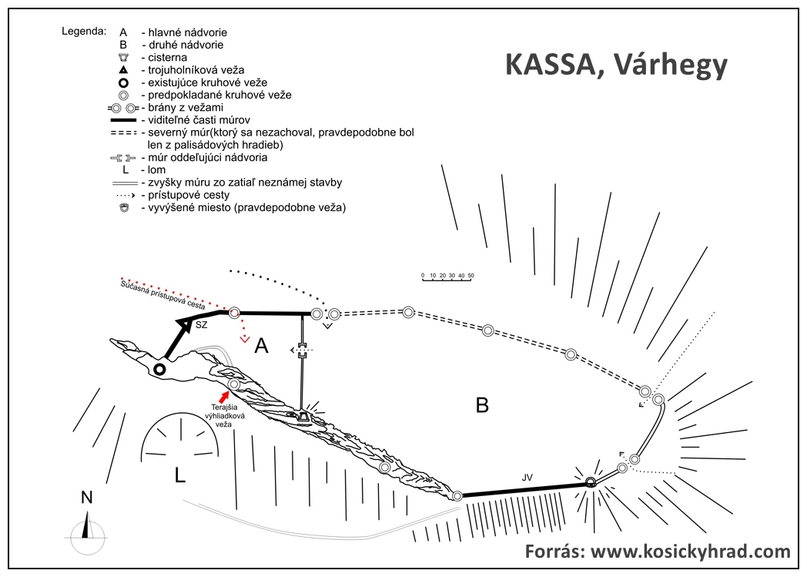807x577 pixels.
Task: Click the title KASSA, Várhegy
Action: click(616, 65)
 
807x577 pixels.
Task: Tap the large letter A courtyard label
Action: click(262, 346)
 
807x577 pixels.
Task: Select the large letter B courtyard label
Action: click(482, 405)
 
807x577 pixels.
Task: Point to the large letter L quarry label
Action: click(179, 475)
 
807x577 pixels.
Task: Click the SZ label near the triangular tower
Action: click(201, 325)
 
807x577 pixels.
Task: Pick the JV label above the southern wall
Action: click(527, 478)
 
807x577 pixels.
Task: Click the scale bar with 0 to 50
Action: click(447, 277)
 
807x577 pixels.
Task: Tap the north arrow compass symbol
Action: click(86, 532)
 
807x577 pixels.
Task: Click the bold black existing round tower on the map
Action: click(159, 369)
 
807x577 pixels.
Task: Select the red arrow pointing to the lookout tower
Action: click(224, 396)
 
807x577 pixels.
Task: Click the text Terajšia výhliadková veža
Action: click(226, 416)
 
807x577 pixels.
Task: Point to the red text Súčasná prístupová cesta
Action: click(162, 295)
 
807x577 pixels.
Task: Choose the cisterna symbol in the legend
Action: click(123, 58)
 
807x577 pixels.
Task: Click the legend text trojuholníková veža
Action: click(196, 70)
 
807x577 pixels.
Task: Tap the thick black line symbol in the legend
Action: click(123, 120)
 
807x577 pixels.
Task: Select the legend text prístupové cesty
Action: click(189, 195)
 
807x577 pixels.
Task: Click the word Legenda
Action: click(84, 31)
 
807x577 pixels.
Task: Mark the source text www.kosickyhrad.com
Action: click(690, 552)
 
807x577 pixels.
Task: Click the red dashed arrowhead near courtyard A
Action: click(245, 339)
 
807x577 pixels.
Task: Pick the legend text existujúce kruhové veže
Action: click(207, 82)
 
